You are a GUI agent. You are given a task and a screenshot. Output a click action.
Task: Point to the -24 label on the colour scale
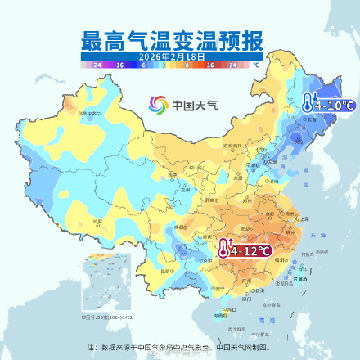[x=97, y=64]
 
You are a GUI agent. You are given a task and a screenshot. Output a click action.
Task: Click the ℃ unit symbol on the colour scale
[x=256, y=64]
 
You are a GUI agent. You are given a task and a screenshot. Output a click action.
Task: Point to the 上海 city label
[x=304, y=219]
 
